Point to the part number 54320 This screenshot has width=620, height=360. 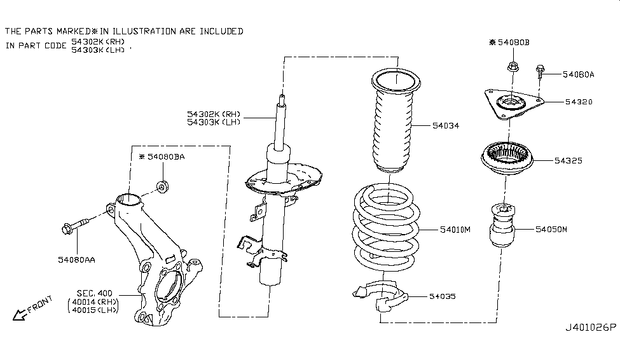[x=561, y=101]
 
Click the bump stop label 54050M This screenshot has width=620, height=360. [x=551, y=228]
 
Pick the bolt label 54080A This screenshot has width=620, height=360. [x=578, y=74]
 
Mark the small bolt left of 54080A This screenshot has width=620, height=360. [x=541, y=74]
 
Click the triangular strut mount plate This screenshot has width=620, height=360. [x=511, y=104]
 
